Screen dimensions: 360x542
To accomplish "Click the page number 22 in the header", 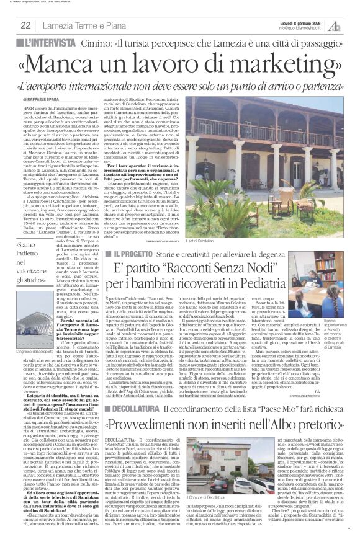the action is click(x=26, y=25).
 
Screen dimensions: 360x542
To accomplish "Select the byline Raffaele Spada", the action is click(x=45, y=100).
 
